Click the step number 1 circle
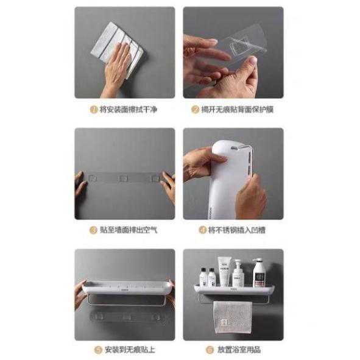(93, 109)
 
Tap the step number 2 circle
(195, 110)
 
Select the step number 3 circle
(93, 230)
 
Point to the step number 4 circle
(202, 230)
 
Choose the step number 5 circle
(98, 350)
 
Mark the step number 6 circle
(210, 350)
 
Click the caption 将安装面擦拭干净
(129, 110)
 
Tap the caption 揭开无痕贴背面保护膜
(238, 110)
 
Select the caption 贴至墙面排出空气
(129, 230)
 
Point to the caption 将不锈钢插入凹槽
(237, 230)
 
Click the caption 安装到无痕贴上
(130, 350)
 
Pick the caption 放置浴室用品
(239, 350)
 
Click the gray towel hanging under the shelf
(233, 318)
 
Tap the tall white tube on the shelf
(224, 272)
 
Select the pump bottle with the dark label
(258, 273)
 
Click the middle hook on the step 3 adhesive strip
(123, 178)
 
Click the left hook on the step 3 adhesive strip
(93, 178)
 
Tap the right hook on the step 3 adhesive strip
(155, 178)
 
